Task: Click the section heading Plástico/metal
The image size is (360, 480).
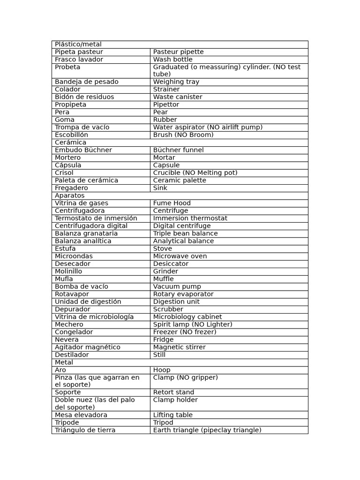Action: pyautogui.click(x=78, y=45)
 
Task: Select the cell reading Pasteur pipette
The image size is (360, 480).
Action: pyautogui.click(x=178, y=52)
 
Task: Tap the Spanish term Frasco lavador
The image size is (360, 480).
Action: pyautogui.click(x=79, y=60)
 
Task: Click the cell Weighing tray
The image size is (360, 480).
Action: pyautogui.click(x=176, y=82)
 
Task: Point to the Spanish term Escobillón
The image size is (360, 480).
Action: pyautogui.click(x=71, y=135)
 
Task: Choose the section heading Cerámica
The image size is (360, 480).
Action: pyautogui.click(x=70, y=142)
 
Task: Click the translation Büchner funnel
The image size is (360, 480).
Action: pyautogui.click(x=178, y=150)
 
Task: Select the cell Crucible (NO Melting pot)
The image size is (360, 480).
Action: pyautogui.click(x=195, y=173)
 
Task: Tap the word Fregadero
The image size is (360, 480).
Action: pyautogui.click(x=72, y=188)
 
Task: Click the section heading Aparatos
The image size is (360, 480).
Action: pyautogui.click(x=70, y=195)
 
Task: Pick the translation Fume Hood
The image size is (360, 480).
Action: pyautogui.click(x=172, y=203)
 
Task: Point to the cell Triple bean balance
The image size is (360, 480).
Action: pyautogui.click(x=185, y=233)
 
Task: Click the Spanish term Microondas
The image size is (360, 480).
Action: pyautogui.click(x=74, y=256)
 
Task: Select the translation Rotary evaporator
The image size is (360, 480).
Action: pyautogui.click(x=183, y=294)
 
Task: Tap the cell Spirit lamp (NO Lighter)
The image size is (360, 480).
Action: pyautogui.click(x=193, y=324)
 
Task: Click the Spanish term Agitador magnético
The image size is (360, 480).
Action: pyautogui.click(x=88, y=347)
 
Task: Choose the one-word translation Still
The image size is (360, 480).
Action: pyautogui.click(x=159, y=355)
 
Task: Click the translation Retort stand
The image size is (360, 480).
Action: pyautogui.click(x=173, y=392)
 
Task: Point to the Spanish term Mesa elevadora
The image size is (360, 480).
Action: pyautogui.click(x=81, y=415)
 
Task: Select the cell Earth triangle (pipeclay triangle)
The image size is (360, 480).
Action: pyautogui.click(x=207, y=430)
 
